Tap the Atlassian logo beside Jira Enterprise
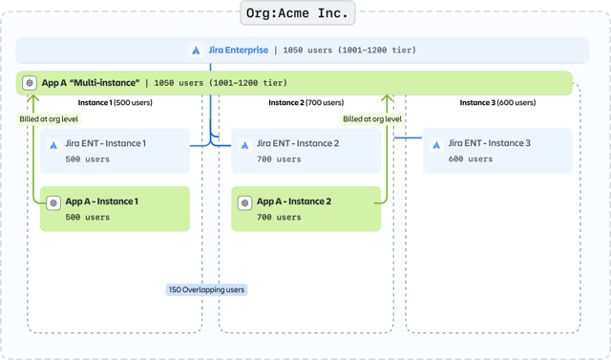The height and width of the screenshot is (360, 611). [x=197, y=51]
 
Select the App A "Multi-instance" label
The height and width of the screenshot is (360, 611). [x=91, y=83]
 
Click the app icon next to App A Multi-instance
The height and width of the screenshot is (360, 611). [x=30, y=83]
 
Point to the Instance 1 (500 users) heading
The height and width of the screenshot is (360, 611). [x=115, y=102]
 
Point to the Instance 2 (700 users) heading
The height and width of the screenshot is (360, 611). [x=305, y=102]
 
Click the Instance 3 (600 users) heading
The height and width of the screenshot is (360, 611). [x=497, y=102]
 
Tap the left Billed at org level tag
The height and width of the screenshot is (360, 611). [x=49, y=119]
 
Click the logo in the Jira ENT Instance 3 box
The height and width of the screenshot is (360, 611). [x=436, y=145]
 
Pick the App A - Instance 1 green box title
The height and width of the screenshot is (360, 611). [x=101, y=201]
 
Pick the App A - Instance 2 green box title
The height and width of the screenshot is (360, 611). [x=294, y=201]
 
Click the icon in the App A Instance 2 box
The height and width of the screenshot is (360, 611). [x=245, y=202]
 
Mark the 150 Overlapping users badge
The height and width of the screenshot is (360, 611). [x=207, y=288]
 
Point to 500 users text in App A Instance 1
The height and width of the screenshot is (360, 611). [x=88, y=218]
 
